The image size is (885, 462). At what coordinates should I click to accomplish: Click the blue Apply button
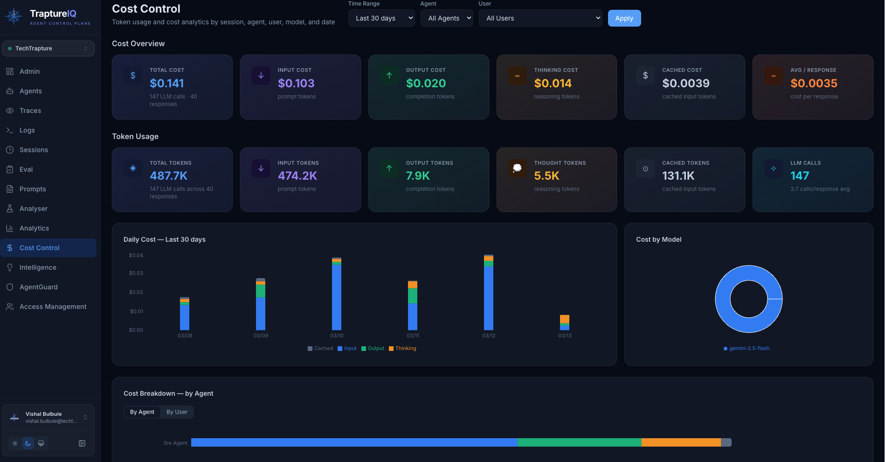click(x=624, y=18)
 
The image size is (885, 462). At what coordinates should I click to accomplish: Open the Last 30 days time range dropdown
click(x=381, y=18)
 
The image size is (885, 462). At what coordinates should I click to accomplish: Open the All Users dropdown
click(x=540, y=18)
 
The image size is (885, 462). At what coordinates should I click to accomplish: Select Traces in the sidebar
click(x=30, y=111)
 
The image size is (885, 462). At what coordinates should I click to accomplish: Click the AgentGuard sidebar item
click(x=38, y=287)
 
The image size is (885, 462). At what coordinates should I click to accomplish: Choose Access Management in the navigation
click(x=53, y=307)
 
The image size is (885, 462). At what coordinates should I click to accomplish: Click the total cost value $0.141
click(x=166, y=83)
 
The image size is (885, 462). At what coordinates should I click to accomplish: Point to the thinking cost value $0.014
click(x=553, y=83)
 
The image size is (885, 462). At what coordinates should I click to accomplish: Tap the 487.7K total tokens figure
click(x=168, y=176)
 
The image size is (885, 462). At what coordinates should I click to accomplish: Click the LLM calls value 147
click(x=799, y=176)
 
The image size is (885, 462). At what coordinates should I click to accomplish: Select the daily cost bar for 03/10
click(x=336, y=296)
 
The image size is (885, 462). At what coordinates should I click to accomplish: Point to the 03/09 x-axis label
click(x=261, y=336)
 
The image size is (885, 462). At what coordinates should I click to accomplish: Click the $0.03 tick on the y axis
click(x=136, y=273)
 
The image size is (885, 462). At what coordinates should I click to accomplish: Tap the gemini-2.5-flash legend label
click(x=749, y=349)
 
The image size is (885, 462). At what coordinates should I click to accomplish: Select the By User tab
click(x=177, y=412)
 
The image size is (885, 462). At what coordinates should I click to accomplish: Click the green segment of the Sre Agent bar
click(x=579, y=442)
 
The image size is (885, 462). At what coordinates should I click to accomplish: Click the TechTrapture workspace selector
click(x=48, y=49)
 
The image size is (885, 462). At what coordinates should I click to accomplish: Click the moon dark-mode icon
click(x=28, y=443)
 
